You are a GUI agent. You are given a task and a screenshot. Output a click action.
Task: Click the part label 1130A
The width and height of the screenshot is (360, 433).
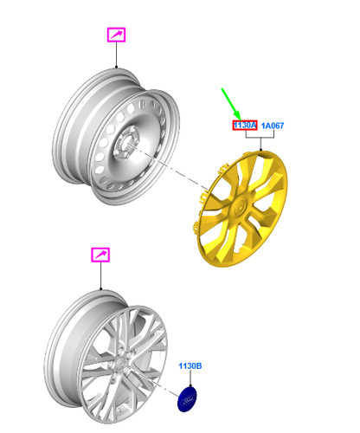[245, 125]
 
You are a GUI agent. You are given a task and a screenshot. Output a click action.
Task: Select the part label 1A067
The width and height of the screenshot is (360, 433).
[273, 126]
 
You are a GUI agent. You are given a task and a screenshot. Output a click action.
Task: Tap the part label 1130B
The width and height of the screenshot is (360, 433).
[190, 365]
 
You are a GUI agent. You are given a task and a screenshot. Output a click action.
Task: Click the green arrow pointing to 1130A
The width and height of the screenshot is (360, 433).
[230, 104]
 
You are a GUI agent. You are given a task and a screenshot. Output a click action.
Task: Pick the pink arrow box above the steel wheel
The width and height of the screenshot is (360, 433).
[116, 35]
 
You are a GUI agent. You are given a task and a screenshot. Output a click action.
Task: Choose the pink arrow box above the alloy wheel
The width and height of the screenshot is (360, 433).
[100, 255]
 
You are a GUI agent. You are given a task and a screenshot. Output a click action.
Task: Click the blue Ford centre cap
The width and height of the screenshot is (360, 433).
[187, 399]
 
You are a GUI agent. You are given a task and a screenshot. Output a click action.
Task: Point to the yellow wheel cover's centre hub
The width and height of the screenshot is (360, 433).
[240, 207]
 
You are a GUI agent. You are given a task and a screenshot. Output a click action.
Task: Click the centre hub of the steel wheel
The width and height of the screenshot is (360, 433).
[126, 142]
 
